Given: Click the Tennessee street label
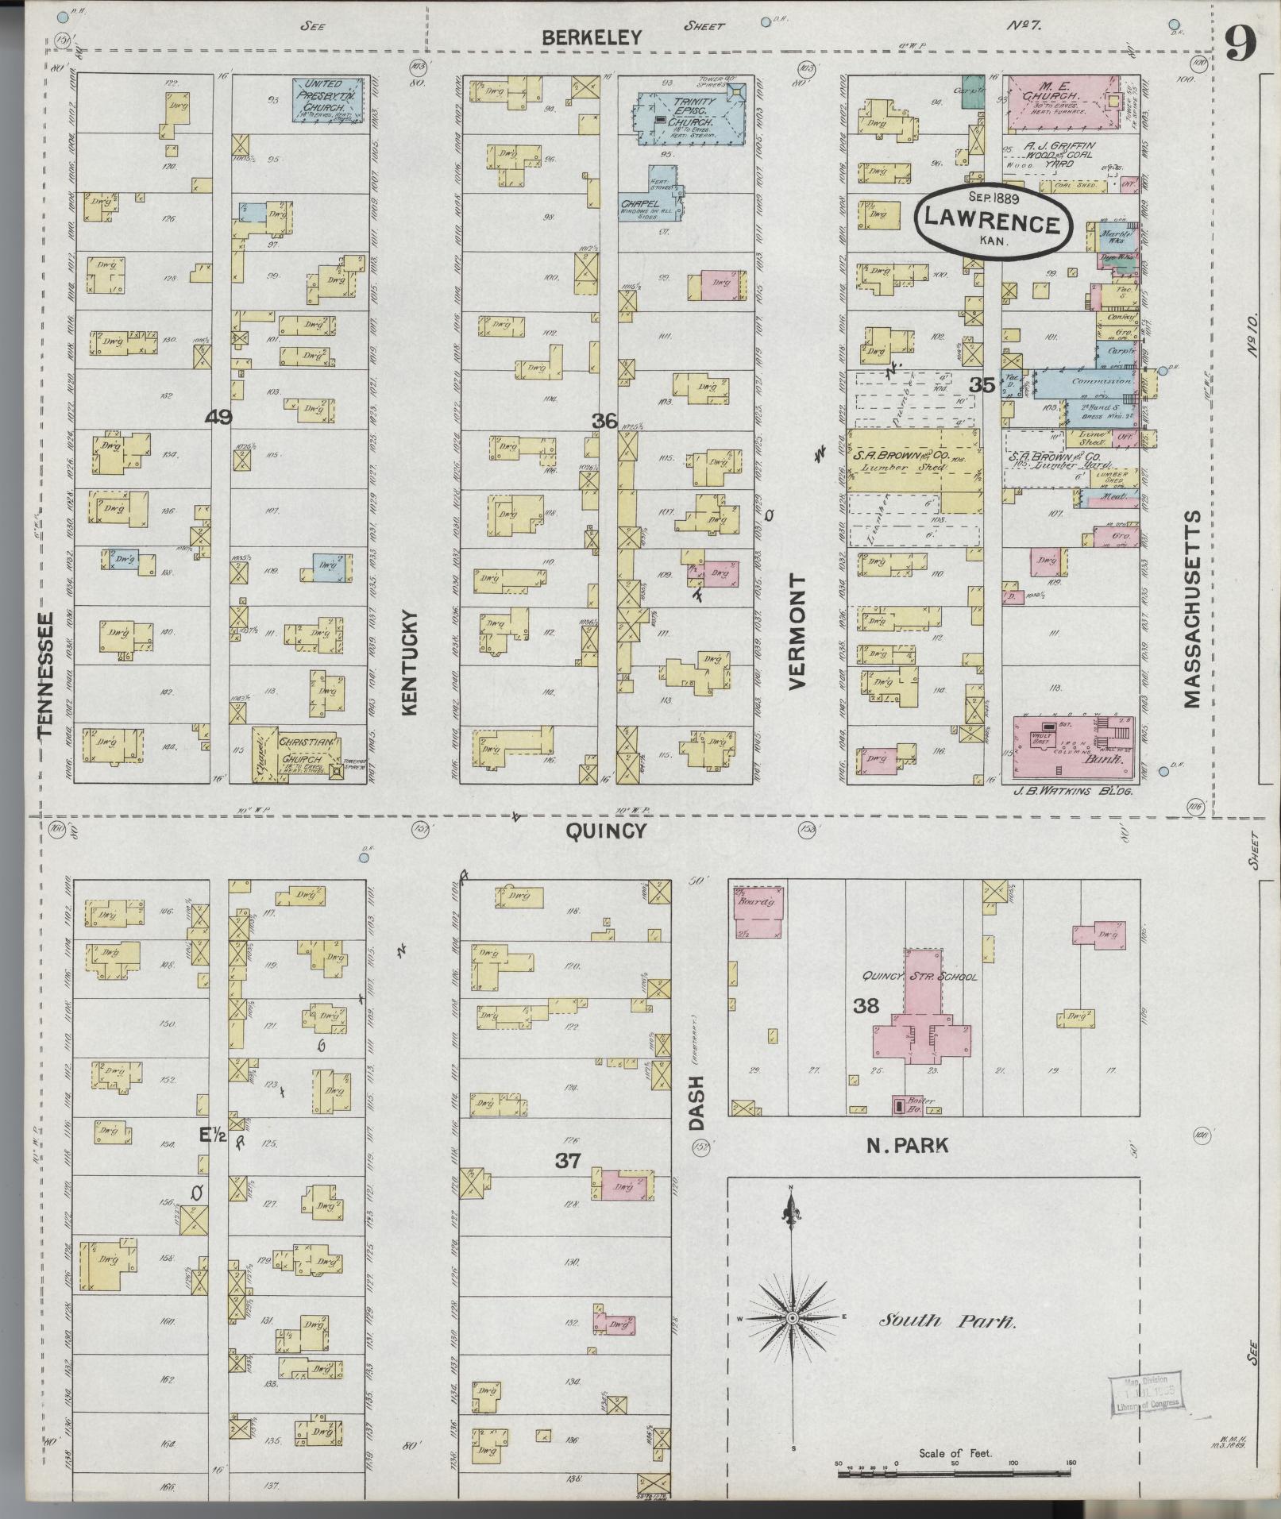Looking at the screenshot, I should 45,673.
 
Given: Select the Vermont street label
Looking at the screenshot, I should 797,631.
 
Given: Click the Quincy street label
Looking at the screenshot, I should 605,831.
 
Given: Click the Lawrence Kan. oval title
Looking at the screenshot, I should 993,222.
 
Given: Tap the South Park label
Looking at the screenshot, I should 947,1321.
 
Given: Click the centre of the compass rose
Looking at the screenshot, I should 791,1318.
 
